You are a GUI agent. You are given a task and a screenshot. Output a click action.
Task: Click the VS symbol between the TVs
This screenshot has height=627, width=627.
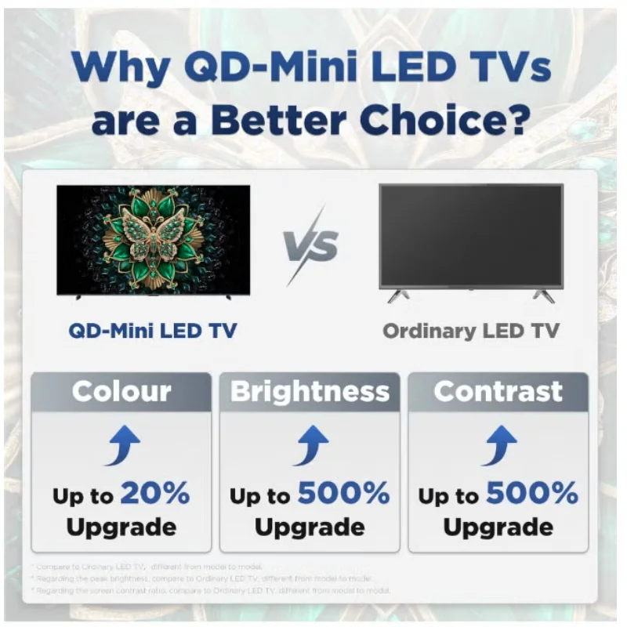312,245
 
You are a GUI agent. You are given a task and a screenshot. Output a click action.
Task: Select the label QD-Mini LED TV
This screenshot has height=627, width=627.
153,330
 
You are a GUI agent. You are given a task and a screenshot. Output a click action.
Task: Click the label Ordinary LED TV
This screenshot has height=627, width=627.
471,330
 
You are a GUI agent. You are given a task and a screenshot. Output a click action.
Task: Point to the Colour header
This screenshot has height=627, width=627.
121,391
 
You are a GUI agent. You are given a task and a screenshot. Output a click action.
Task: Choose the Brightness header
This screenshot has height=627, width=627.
310,391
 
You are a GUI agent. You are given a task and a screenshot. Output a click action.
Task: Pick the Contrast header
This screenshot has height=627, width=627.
498,391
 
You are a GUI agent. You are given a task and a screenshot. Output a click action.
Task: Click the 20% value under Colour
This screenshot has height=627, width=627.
154,493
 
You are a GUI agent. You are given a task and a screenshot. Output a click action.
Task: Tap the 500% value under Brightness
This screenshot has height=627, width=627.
343,493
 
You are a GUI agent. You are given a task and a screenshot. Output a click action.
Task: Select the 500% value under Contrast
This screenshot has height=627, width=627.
532,493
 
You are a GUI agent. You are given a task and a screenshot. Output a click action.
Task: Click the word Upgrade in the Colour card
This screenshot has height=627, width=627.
121,527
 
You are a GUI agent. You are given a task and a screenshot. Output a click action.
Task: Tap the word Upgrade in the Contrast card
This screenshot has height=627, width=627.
498,527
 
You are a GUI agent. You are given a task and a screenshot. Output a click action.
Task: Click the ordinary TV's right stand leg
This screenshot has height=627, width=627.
543,295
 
